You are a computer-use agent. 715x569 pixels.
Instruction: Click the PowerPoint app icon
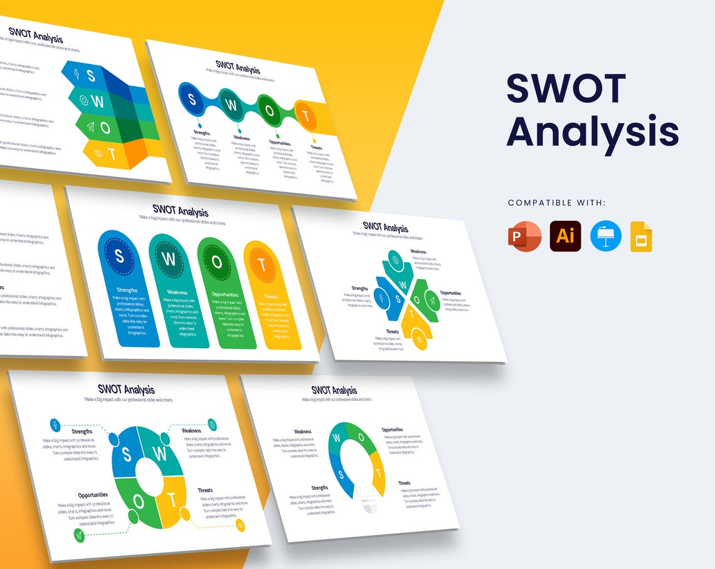(524, 237)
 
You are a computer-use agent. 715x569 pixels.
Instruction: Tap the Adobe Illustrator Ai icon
(565, 237)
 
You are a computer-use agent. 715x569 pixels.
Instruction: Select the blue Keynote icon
(606, 237)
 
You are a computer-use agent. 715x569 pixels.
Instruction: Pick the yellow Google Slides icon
(641, 237)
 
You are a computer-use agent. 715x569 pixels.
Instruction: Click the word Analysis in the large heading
(592, 132)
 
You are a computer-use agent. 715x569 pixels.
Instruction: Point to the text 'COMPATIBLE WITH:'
(557, 203)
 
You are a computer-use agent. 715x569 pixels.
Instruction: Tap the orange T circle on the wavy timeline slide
(305, 115)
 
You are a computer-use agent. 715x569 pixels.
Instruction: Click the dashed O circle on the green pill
(217, 262)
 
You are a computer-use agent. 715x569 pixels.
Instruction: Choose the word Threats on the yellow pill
(270, 296)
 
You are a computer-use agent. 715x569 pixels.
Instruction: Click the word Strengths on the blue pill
(127, 290)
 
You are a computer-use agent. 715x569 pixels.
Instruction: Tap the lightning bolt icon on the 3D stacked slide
(77, 73)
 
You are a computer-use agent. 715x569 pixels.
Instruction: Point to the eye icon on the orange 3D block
(98, 152)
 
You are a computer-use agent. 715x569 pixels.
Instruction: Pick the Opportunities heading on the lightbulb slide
(393, 430)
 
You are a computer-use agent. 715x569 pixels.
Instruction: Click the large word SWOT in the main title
(566, 88)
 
